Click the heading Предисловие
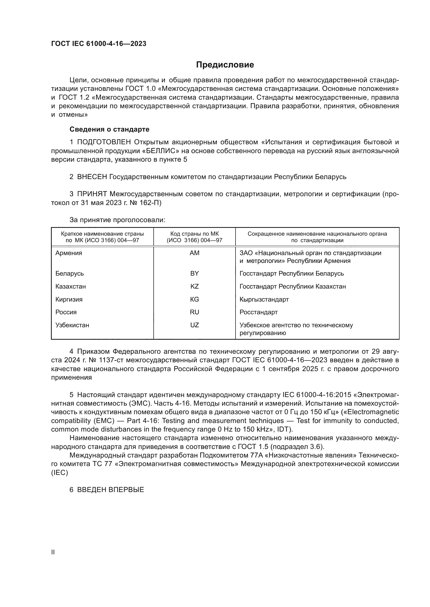tap(225, 65)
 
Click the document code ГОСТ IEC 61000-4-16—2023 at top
tap(99, 44)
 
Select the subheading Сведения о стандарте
tap(109, 129)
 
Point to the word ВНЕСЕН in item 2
tap(92, 177)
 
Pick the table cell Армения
tap(69, 253)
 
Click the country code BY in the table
tap(194, 273)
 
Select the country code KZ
tap(194, 286)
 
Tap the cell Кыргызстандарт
tap(264, 299)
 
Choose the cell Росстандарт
tap(258, 312)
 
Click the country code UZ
tap(194, 325)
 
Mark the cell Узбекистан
tap(72, 325)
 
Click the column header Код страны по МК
tap(194, 234)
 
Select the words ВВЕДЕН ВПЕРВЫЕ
tap(110, 490)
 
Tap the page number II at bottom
tap(53, 552)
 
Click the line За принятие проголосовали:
tap(117, 220)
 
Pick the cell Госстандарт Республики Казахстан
tap(292, 286)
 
